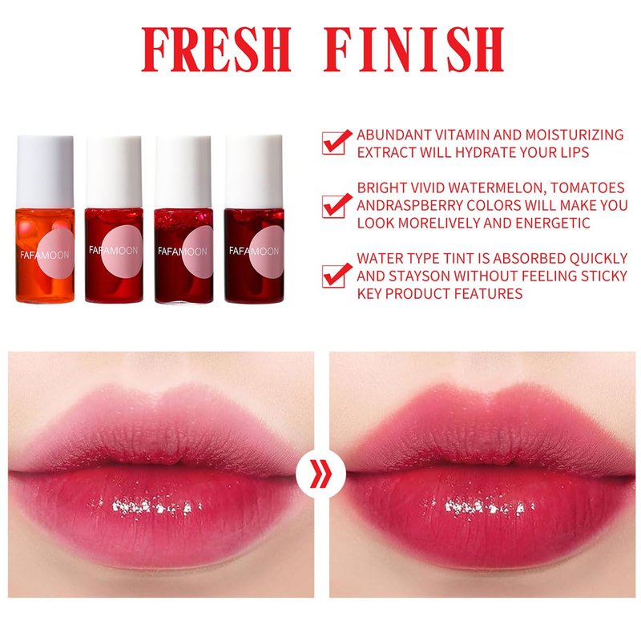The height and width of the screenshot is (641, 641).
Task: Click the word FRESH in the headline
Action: [x=216, y=50]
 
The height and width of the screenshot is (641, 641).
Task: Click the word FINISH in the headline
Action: [x=413, y=50]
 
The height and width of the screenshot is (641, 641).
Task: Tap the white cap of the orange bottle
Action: [x=45, y=171]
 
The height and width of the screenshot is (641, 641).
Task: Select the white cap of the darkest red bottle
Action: [x=254, y=171]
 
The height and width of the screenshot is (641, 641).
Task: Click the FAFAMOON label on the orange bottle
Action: [x=45, y=255]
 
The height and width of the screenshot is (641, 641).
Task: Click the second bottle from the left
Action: [x=114, y=220]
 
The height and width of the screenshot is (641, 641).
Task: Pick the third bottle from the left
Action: [x=183, y=220]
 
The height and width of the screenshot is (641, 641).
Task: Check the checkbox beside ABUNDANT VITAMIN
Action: [x=337, y=142]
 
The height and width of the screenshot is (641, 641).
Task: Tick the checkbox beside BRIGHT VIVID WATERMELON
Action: [x=337, y=205]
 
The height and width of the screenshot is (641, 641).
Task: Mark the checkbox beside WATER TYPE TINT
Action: [x=337, y=275]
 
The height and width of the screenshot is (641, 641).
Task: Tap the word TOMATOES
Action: [x=587, y=187]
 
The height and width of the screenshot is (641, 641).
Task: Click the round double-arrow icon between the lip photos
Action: [x=320, y=474]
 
